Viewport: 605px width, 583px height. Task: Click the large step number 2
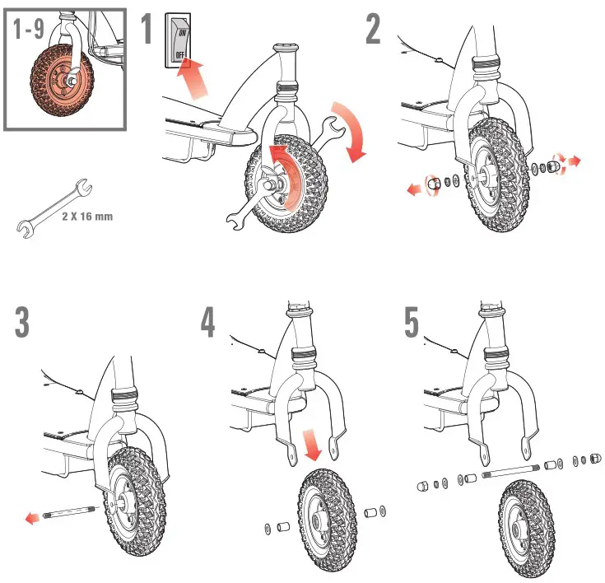(374, 30)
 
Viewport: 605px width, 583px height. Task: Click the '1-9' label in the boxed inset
(30, 30)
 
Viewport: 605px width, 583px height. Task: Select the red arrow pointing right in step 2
(573, 162)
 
